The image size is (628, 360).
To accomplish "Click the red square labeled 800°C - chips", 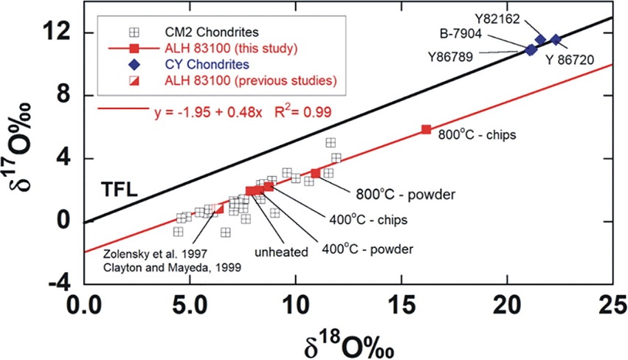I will pos(426,129).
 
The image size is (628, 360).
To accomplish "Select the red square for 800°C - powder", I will pos(316,173).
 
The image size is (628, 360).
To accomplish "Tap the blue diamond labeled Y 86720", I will pos(556,39).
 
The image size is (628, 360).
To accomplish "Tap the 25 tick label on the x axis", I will pos(610,304).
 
